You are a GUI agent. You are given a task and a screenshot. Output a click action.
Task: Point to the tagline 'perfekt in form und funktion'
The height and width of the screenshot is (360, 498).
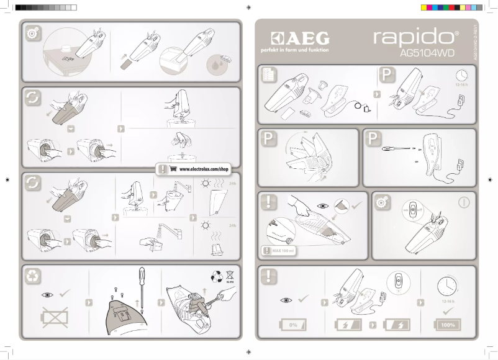tap(296, 50)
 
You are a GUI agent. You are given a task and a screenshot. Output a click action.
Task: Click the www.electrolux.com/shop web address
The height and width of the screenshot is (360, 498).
tap(204, 169)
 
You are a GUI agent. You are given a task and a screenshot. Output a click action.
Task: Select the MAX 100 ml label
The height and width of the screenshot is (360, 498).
tap(283, 251)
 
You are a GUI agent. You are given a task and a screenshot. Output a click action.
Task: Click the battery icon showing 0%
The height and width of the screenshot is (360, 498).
tap(294, 325)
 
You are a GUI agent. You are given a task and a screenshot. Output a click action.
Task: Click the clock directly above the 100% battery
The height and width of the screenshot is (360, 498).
tap(448, 287)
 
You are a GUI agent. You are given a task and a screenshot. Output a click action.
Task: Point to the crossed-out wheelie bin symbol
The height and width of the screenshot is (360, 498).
tap(229, 275)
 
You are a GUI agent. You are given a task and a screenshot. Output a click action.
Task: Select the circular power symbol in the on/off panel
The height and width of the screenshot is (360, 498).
tap(464, 202)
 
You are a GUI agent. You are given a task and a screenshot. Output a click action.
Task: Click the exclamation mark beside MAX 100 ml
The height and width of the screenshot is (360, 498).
tap(265, 251)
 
